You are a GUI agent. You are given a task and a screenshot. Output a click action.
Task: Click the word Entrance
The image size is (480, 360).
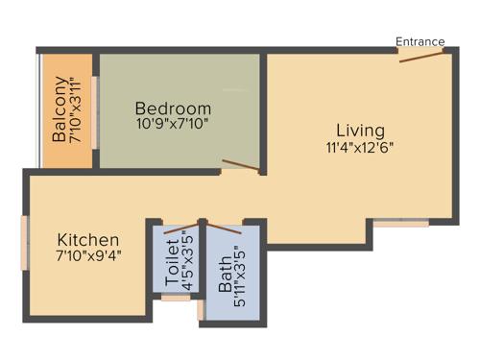click(420, 41)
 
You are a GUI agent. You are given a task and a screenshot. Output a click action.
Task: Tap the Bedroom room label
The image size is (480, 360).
click(173, 108)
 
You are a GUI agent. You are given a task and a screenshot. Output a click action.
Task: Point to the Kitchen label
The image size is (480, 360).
click(87, 239)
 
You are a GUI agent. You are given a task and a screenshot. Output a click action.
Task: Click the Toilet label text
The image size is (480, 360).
click(172, 260)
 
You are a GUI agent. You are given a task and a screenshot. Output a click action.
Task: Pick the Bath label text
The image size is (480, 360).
click(226, 274)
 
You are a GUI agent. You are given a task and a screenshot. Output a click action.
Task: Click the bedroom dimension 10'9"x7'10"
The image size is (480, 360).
click(173, 124)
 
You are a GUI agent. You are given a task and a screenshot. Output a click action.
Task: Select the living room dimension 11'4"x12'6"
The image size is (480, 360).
click(360, 148)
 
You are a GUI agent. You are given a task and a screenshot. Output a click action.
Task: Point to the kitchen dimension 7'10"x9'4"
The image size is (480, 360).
click(87, 256)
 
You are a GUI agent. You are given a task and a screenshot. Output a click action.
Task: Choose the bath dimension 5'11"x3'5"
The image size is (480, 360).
click(241, 274)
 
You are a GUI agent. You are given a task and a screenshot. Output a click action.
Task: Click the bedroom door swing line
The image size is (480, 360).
click(242, 166)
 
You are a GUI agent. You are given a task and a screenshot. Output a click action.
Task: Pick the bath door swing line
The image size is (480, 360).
click(226, 229)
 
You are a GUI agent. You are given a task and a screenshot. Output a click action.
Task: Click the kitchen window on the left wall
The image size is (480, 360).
click(26, 241)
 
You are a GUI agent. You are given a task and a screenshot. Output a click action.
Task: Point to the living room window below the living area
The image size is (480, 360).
click(401, 224)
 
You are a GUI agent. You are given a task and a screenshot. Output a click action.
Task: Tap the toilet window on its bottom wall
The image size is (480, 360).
click(175, 299)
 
